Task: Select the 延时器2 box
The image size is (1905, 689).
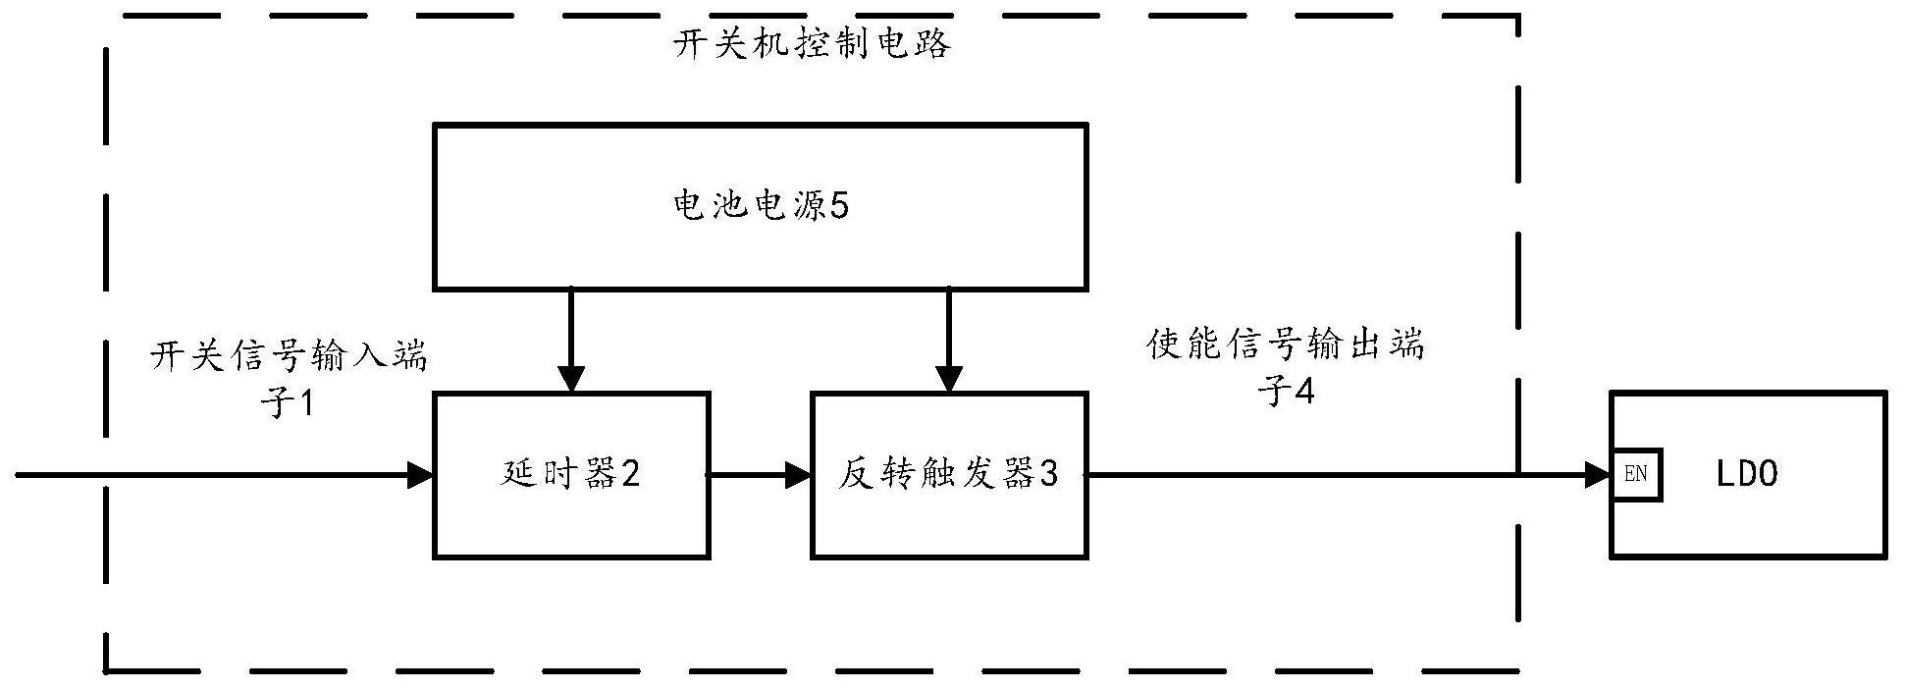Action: click(571, 520)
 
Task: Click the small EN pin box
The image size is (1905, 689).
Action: click(1636, 475)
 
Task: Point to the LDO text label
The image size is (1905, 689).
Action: click(1747, 475)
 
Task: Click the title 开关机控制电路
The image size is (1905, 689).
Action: click(812, 45)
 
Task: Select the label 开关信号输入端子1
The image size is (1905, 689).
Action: click(289, 378)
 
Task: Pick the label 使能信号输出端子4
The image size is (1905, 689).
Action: click(1286, 368)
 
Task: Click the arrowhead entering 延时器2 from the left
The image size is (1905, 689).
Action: click(422, 476)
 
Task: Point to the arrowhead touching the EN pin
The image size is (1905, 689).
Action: click(1599, 476)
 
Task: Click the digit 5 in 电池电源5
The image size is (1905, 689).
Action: click(839, 206)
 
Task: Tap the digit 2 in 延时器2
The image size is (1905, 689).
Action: click(630, 475)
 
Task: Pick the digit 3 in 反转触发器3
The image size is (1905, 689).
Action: click(1048, 475)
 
